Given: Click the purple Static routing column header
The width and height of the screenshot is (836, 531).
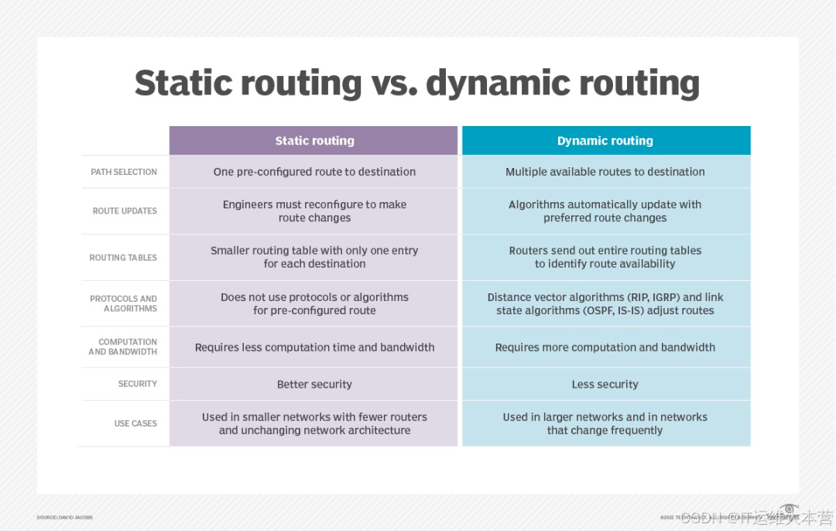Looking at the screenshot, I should [313, 141].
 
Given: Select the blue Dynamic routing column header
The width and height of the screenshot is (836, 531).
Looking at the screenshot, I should [605, 141].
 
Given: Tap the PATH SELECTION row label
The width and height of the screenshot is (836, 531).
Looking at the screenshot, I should [124, 172].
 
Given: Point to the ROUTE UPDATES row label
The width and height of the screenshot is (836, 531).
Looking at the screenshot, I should [125, 211].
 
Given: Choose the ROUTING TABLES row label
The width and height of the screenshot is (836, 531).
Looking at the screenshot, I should [123, 258].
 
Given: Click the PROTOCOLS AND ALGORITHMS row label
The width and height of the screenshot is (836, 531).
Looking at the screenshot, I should [123, 303].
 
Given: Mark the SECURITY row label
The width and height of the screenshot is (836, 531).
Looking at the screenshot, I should [137, 384].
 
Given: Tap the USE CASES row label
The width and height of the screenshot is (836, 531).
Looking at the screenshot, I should [135, 423].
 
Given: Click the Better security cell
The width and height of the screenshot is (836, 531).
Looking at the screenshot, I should [314, 385].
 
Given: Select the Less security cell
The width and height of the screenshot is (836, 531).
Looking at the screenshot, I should [605, 385].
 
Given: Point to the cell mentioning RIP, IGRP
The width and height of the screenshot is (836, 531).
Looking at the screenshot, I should [605, 303].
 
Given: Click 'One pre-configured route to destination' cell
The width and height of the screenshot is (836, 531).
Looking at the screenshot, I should [314, 172].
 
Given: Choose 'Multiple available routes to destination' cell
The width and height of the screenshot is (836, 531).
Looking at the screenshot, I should [605, 172].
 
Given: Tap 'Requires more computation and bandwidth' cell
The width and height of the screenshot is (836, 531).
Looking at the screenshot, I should [605, 348].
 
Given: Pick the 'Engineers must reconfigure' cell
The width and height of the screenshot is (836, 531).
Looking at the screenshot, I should [314, 211].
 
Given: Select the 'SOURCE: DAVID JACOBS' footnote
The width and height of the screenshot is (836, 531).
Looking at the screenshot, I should [64, 517].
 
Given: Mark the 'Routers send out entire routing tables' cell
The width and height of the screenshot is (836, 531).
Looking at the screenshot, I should [605, 257].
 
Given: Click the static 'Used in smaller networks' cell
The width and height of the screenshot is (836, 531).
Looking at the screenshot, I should [314, 423].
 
